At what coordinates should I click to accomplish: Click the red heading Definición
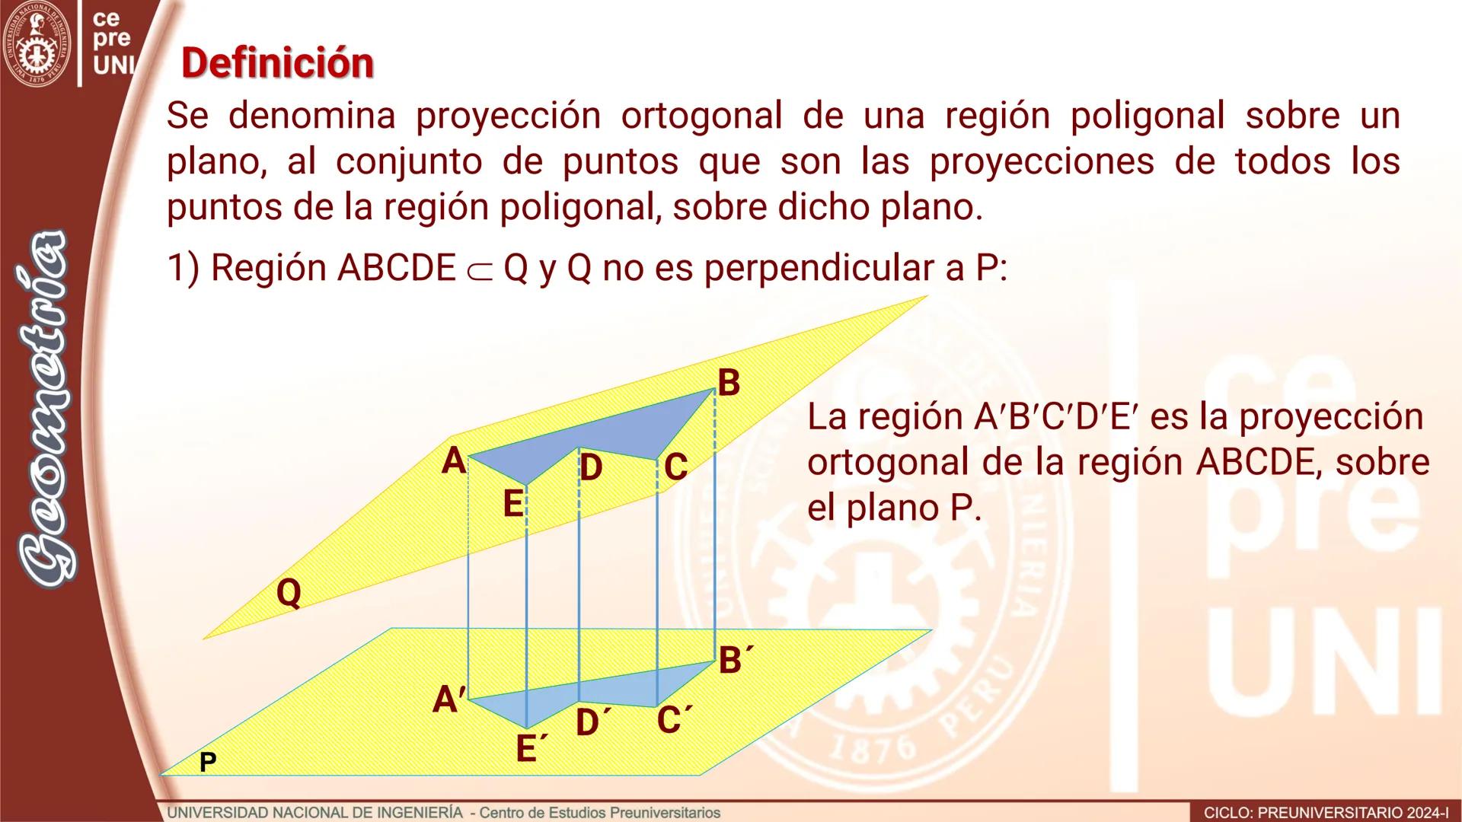pyautogui.click(x=278, y=62)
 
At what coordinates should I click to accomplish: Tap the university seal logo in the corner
pyautogui.click(x=37, y=43)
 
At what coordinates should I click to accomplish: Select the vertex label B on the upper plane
pyautogui.click(x=729, y=383)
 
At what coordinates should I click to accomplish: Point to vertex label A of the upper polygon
pyautogui.click(x=454, y=461)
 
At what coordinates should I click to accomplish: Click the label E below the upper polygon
pyautogui.click(x=513, y=504)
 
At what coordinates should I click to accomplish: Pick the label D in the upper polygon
pyautogui.click(x=591, y=467)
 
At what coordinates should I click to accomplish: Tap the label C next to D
pyautogui.click(x=675, y=467)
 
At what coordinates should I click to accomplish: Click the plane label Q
pyautogui.click(x=289, y=593)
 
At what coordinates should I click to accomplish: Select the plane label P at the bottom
pyautogui.click(x=207, y=762)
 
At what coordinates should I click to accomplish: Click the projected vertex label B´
pyautogui.click(x=736, y=660)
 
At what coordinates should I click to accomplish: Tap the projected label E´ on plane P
pyautogui.click(x=531, y=749)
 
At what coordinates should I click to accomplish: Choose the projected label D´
pyautogui.click(x=593, y=722)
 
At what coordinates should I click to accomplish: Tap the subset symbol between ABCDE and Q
pyautogui.click(x=480, y=271)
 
